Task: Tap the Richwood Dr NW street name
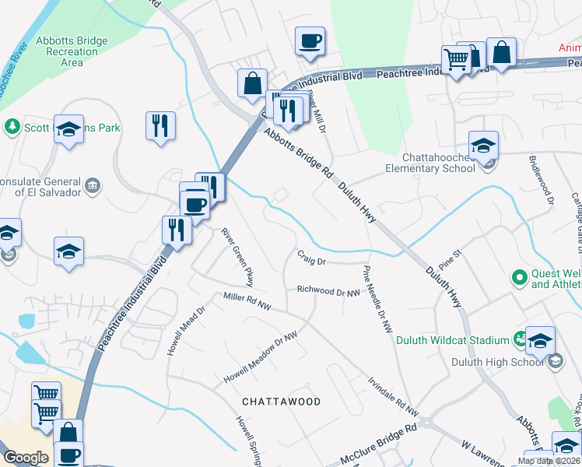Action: pos(328,292)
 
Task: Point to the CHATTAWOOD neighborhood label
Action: pos(281,402)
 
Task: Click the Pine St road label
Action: pos(472,255)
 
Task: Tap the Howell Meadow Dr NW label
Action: pos(261,357)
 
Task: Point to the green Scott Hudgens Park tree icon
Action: pos(12,126)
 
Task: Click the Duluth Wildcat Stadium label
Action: pos(451,339)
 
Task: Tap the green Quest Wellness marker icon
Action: pos(519,276)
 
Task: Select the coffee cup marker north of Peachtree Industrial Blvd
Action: pos(310,41)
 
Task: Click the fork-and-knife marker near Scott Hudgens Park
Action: pos(160,125)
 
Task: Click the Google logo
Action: pos(26,458)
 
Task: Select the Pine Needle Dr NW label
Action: pos(377,300)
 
